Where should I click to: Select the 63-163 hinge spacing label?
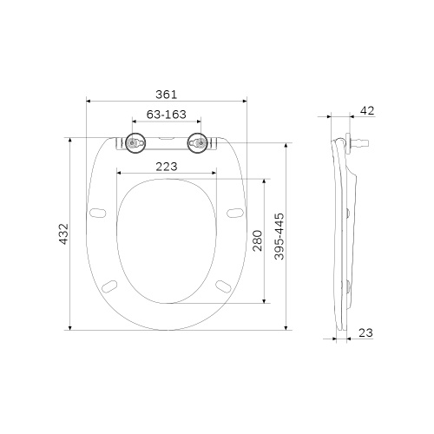pyautogui.click(x=165, y=114)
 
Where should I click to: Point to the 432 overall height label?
pyautogui.click(x=63, y=234)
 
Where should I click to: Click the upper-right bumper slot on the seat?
pyautogui.click(x=234, y=213)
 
